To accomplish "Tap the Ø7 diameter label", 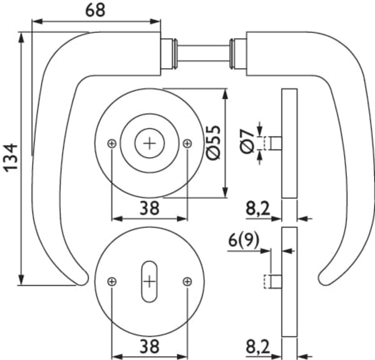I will [x=247, y=142].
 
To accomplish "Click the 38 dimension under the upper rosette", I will [x=149, y=208].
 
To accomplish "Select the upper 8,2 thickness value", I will [x=258, y=209].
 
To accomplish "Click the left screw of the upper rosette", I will [x=112, y=143].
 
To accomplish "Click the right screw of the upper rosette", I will [x=187, y=143].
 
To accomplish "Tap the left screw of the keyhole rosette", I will [x=112, y=282].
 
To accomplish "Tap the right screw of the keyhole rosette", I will [x=187, y=282].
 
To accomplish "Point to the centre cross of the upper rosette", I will [x=149, y=143].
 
